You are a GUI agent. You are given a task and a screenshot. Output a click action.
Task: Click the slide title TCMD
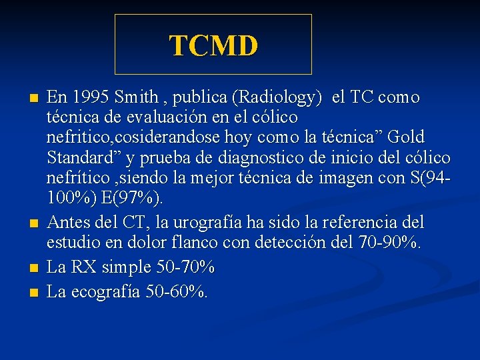point(213,45)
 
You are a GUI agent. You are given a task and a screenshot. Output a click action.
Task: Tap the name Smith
point(136,98)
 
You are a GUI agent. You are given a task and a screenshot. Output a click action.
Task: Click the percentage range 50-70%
point(185,267)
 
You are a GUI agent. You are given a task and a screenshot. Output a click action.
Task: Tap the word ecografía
point(103,291)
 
